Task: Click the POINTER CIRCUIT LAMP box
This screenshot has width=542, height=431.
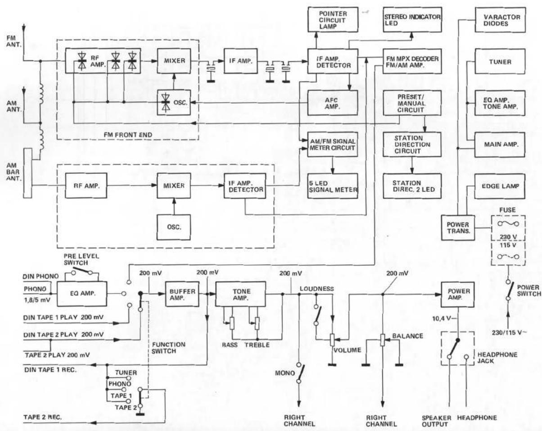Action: point(333,20)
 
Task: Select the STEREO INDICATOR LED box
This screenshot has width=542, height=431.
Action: point(412,20)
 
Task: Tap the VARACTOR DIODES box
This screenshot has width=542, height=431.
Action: point(500,20)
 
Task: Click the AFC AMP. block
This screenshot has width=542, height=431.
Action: point(333,103)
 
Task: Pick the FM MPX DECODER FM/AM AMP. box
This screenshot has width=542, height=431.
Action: point(412,61)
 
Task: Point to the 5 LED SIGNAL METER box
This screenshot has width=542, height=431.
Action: point(333,186)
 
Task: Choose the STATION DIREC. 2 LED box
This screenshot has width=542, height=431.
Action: point(412,186)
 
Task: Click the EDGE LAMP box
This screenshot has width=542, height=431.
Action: point(500,186)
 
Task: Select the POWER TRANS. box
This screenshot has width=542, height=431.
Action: point(458,227)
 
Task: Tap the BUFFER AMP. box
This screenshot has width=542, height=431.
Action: point(182,294)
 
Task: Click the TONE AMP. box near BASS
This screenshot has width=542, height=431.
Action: point(240,294)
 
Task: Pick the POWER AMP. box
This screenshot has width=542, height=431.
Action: point(458,294)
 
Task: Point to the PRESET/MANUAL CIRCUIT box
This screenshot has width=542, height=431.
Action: point(412,103)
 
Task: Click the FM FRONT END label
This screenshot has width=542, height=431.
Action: point(128,135)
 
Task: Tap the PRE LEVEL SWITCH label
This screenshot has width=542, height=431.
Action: point(81,259)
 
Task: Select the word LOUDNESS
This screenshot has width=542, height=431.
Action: point(316,289)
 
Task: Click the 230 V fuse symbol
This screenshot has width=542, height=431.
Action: point(508,223)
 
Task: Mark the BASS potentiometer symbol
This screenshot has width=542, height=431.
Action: point(232,323)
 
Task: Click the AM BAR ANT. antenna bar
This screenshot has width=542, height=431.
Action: point(27,173)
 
